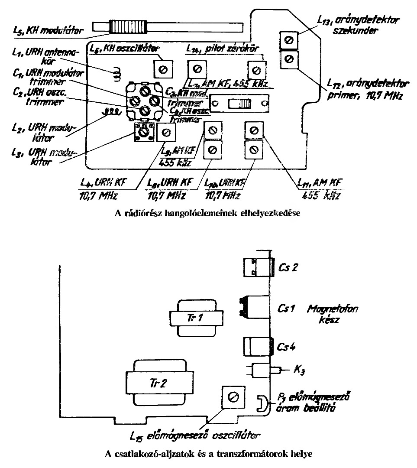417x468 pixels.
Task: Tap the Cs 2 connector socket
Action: pyautogui.click(x=257, y=267)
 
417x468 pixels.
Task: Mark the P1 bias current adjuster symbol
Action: pyautogui.click(x=262, y=403)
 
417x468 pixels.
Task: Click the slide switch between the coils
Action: pyautogui.click(x=236, y=104)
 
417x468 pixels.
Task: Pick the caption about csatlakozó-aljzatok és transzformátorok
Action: pyautogui.click(x=208, y=455)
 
